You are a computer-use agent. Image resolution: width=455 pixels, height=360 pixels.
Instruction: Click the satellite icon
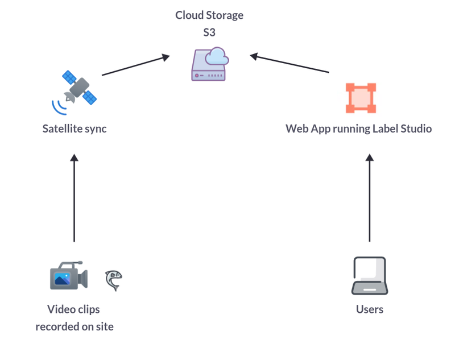click(x=78, y=88)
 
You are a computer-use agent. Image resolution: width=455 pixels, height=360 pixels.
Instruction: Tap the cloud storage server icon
click(x=209, y=64)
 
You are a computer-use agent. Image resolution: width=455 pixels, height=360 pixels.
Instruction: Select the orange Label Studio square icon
click(x=361, y=98)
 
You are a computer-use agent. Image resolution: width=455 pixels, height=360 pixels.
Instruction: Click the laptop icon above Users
click(x=369, y=276)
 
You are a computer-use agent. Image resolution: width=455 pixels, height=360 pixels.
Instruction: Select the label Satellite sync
click(x=75, y=129)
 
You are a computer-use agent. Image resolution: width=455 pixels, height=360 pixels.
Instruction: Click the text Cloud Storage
click(x=209, y=15)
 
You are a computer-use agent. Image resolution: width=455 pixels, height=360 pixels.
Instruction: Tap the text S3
click(x=209, y=32)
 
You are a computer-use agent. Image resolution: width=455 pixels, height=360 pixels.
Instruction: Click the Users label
click(x=370, y=309)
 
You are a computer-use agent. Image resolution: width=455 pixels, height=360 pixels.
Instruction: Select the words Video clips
click(x=73, y=309)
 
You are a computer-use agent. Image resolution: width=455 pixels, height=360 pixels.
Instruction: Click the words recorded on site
click(x=75, y=326)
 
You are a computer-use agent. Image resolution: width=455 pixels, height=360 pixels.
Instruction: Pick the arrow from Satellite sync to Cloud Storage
click(x=135, y=65)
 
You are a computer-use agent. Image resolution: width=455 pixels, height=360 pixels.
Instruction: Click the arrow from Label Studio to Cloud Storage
click(x=289, y=63)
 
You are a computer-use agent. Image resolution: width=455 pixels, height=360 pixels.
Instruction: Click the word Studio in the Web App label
click(x=417, y=129)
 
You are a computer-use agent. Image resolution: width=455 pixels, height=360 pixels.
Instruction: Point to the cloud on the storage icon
click(x=217, y=56)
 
